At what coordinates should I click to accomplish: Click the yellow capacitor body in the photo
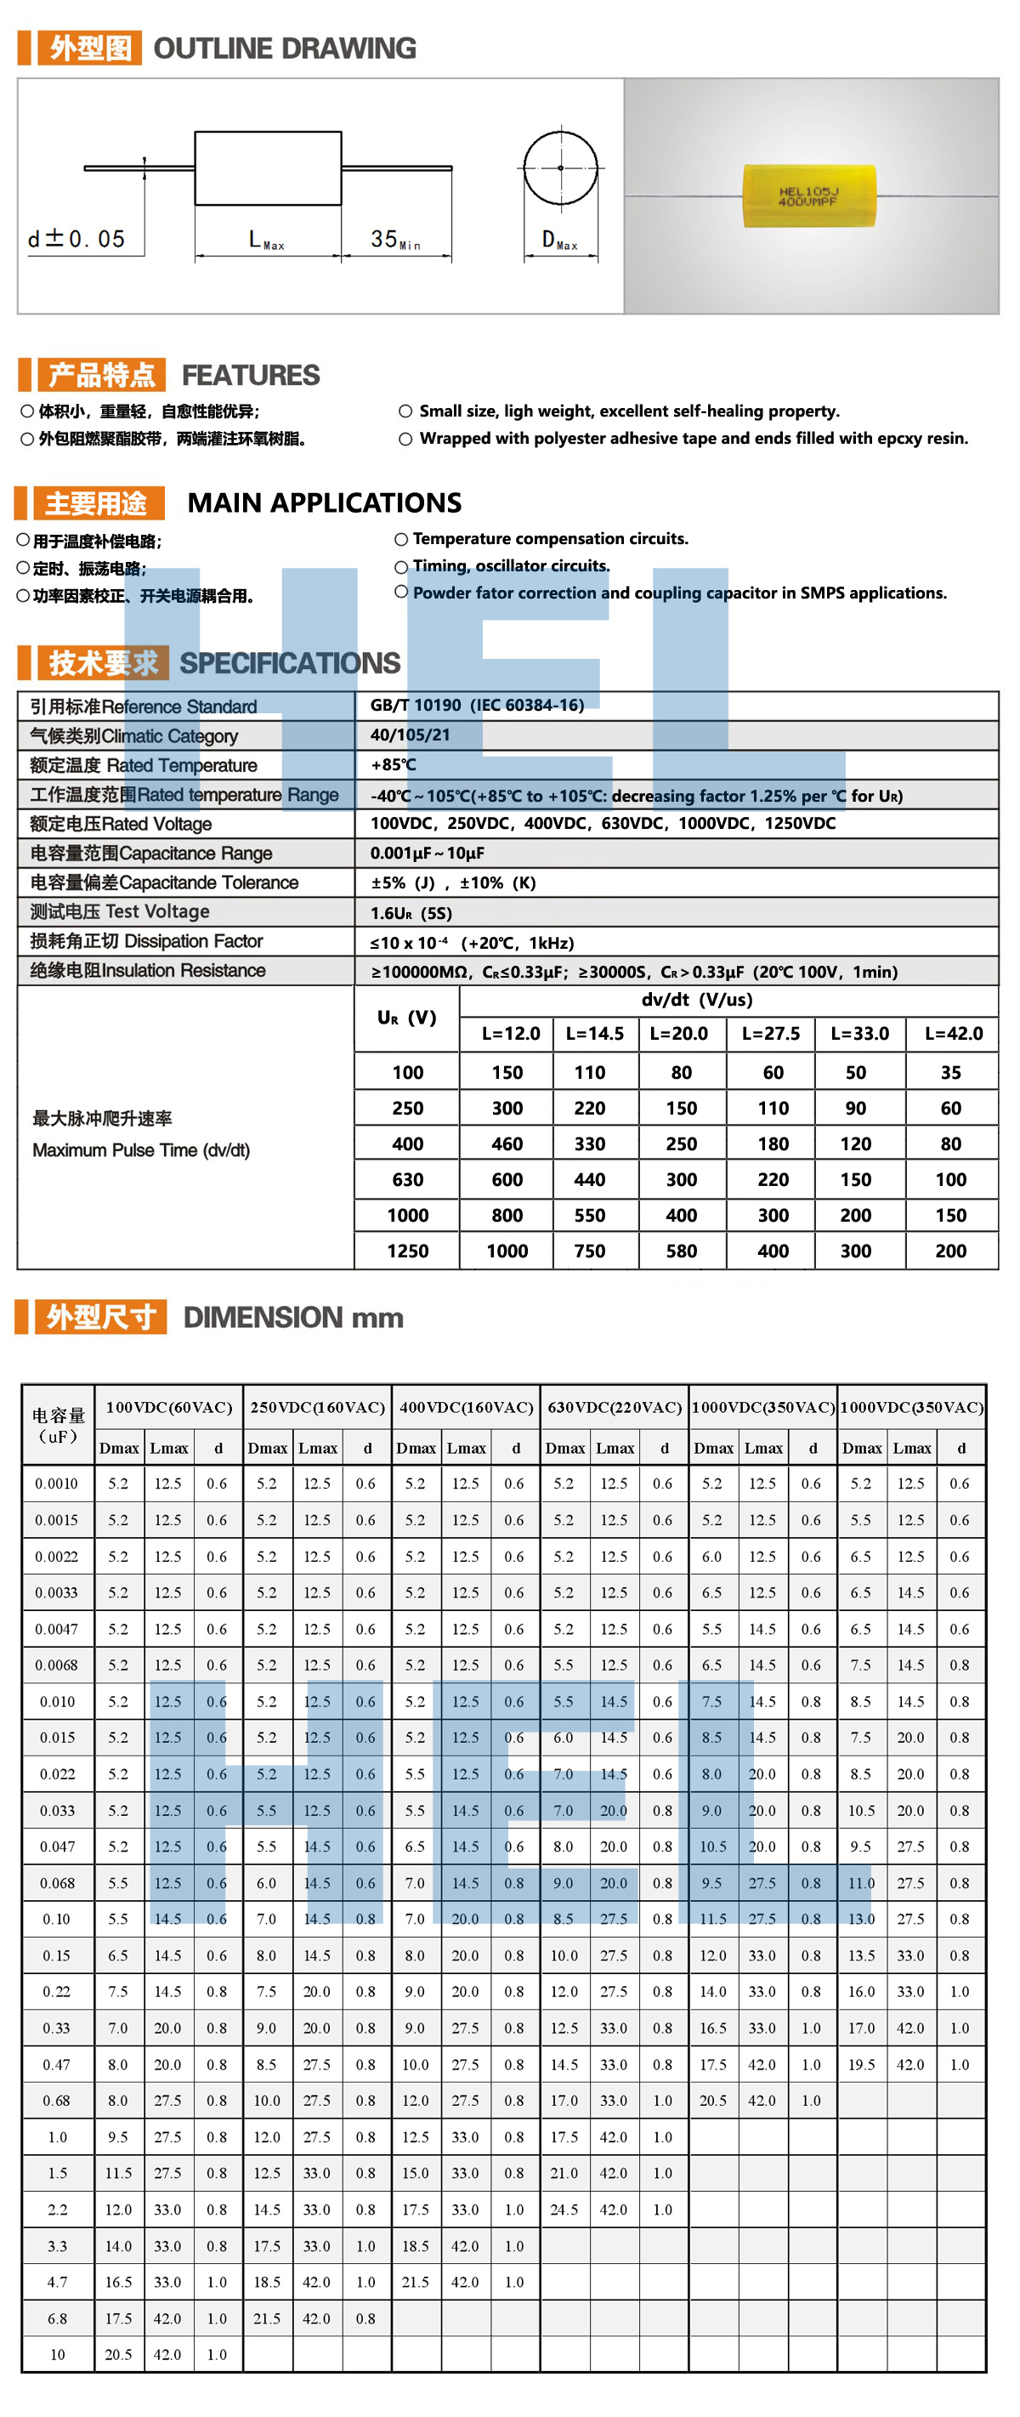[x=808, y=196]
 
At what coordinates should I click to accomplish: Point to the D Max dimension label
[x=559, y=241]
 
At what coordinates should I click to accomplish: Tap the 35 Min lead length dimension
[x=395, y=241]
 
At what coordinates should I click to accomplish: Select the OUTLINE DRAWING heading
[x=284, y=48]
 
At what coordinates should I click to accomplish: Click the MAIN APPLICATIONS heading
[x=325, y=503]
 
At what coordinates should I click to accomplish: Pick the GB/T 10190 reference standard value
[x=477, y=705]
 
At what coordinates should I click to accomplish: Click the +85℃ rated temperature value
[x=394, y=764]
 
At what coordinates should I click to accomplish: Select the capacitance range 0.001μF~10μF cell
[x=427, y=853]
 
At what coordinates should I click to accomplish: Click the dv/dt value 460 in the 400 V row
[x=507, y=1143]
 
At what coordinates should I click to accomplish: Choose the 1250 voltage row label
[x=407, y=1251]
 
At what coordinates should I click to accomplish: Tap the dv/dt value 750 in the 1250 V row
[x=589, y=1251]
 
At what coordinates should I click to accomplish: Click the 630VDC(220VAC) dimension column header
[x=615, y=1406]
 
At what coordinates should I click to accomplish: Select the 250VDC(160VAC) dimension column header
[x=317, y=1406]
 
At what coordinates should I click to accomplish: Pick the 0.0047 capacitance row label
[x=56, y=1629]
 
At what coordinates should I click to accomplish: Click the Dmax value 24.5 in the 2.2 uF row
[x=564, y=2210]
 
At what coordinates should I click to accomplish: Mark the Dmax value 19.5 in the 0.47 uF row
[x=861, y=2064]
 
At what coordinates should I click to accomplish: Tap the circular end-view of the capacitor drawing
[x=560, y=168]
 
